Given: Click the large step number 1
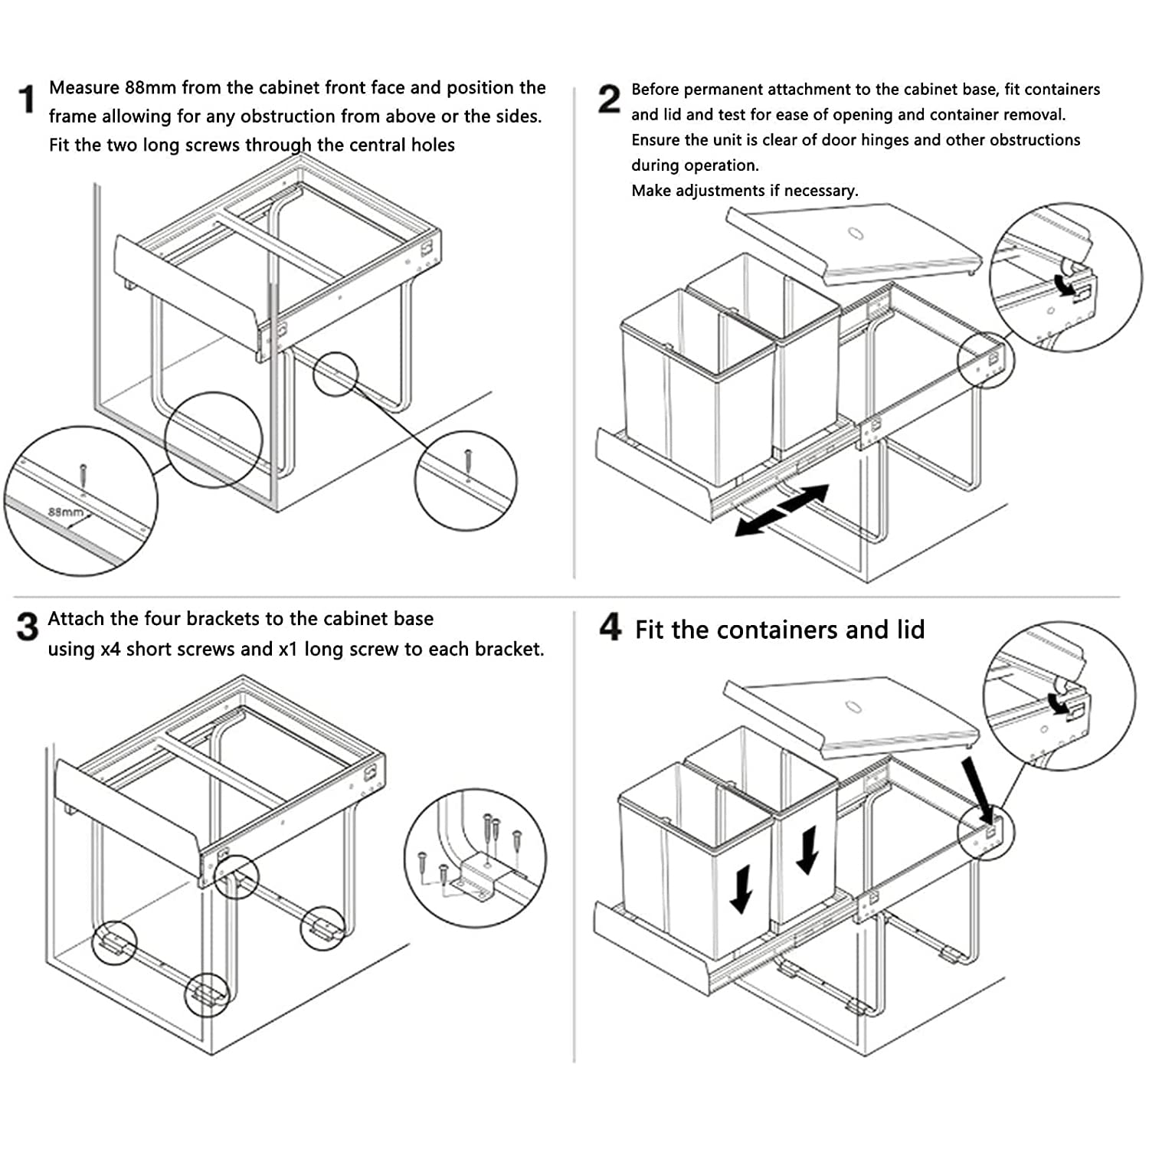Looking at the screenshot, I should coord(27,100).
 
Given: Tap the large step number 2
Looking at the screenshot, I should coord(609,100).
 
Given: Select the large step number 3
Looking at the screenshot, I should coord(27,627).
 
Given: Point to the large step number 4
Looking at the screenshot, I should coord(610,627).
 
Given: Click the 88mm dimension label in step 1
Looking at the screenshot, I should coord(65,512).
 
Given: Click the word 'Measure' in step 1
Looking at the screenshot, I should coord(83,88).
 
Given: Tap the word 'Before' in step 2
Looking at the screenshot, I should coord(655,90).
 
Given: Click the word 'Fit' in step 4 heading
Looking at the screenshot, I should coord(650,630).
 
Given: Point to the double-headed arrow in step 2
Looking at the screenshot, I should coord(782,509).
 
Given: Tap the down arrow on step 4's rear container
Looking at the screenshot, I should coord(807,850).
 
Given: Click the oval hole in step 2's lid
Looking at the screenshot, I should coord(855,232).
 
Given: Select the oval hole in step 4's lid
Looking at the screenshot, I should coord(853,706).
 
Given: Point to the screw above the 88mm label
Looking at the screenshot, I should coord(83,475).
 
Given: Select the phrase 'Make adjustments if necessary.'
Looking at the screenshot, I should coord(745,191).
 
